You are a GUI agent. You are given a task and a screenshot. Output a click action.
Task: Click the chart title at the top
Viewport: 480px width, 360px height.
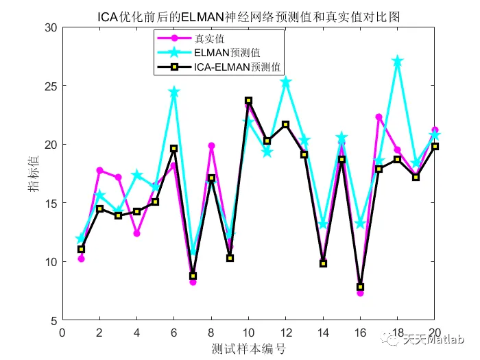point(248,14)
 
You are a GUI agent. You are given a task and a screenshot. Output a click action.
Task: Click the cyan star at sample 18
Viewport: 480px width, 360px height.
point(397,62)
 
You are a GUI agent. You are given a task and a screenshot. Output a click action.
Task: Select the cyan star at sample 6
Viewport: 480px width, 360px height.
point(174,92)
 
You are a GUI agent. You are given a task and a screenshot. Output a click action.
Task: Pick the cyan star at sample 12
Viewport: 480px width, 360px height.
point(285,82)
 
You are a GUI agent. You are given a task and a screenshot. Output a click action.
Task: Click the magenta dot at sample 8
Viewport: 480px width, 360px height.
point(211,145)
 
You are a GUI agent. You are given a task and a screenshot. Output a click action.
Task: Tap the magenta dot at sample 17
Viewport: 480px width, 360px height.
point(379,117)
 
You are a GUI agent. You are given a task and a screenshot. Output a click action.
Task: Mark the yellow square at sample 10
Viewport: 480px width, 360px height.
point(248,101)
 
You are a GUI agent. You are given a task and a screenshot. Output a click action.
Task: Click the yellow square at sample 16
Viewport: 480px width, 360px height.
point(360,287)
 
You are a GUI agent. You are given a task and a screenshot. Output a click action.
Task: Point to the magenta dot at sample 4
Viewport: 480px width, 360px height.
point(136,233)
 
